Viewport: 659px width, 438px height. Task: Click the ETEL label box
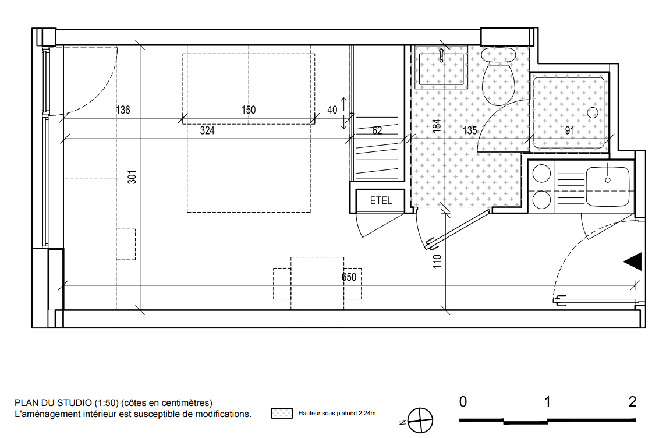point(380,201)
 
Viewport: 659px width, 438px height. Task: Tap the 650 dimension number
point(349,277)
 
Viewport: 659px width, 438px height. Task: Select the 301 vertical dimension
point(132,177)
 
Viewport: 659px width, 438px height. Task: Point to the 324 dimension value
point(207,130)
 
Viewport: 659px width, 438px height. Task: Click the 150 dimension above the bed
point(249,110)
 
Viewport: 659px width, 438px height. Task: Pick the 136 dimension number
point(123,110)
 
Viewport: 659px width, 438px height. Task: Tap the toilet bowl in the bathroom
point(498,76)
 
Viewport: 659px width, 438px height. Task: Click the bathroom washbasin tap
point(441,55)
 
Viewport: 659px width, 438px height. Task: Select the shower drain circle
point(593,112)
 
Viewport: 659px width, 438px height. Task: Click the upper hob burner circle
point(541,174)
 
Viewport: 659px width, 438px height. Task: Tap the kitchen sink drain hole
point(607,181)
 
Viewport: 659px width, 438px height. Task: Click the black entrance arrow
point(633,262)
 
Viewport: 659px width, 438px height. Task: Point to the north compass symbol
point(420,421)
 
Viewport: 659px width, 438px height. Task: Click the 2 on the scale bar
point(632,402)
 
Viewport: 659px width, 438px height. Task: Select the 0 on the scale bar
point(463,402)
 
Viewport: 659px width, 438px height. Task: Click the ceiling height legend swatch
point(282,413)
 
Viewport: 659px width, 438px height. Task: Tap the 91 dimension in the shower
point(569,130)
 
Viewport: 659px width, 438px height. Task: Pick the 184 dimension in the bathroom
point(437,126)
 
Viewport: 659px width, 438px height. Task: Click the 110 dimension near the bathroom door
point(437,261)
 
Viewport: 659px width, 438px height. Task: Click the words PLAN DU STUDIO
point(53,402)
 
